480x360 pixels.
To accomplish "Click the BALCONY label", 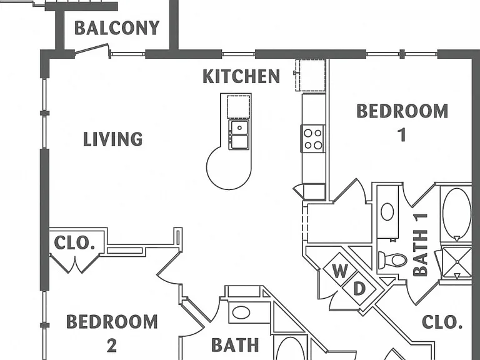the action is point(117,28).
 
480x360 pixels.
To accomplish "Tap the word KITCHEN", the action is point(241,76).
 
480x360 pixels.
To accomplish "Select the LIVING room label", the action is point(113,139).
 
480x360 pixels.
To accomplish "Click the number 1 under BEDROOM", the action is point(402,135).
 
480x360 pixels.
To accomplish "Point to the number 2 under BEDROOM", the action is point(112,346).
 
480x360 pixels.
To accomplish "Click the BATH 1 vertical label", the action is point(421,245).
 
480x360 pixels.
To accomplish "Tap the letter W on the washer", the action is point(340,271).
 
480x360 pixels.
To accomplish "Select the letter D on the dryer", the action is point(359,288).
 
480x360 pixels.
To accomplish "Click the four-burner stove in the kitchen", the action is point(313,138).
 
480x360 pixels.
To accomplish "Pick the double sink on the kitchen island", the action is point(239,135).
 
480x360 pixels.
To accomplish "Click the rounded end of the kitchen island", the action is point(226,171).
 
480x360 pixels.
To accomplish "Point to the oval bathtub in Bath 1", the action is point(457,214).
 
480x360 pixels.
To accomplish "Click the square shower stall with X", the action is point(457,262).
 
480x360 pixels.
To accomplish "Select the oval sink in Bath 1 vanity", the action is point(387,211).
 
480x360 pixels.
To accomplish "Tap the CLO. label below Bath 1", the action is point(442,322).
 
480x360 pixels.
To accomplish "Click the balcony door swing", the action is point(92,49).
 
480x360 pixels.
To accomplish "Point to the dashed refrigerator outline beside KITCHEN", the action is point(311,75).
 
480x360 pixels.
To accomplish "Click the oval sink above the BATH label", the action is point(241,313).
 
